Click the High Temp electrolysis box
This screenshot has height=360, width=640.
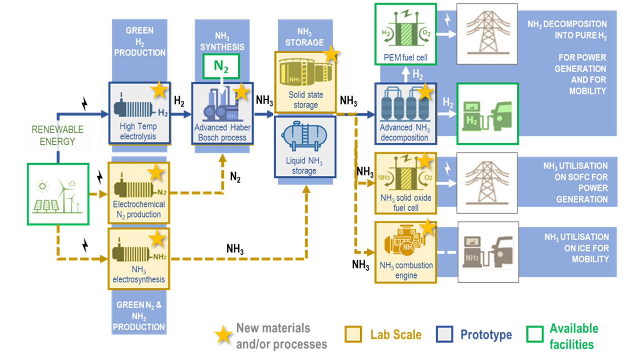pyautogui.click(x=140, y=113)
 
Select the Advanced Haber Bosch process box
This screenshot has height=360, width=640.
pyautogui.click(x=222, y=114)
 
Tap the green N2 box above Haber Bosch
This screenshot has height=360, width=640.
pyautogui.click(x=221, y=66)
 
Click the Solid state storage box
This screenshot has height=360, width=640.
pyautogui.click(x=305, y=82)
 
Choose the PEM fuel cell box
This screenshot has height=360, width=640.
pyautogui.click(x=406, y=34)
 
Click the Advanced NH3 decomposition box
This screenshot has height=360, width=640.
pyautogui.click(x=406, y=114)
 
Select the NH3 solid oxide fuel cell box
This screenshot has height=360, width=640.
pyautogui.click(x=406, y=183)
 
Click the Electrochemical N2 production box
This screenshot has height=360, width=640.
pyautogui.click(x=139, y=193)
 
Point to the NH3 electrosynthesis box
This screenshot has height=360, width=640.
pyautogui.click(x=139, y=259)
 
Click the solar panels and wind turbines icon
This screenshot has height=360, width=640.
pyautogui.click(x=58, y=194)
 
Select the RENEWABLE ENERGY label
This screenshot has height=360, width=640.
pyautogui.click(x=57, y=135)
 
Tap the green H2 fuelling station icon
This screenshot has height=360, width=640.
pyautogui.click(x=487, y=114)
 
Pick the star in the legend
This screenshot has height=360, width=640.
pyautogui.click(x=223, y=335)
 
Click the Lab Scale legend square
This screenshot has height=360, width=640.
pyautogui.click(x=353, y=334)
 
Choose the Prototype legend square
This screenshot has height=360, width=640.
pyautogui.click(x=444, y=334)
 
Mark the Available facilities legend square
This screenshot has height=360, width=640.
pyautogui.click(x=535, y=334)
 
